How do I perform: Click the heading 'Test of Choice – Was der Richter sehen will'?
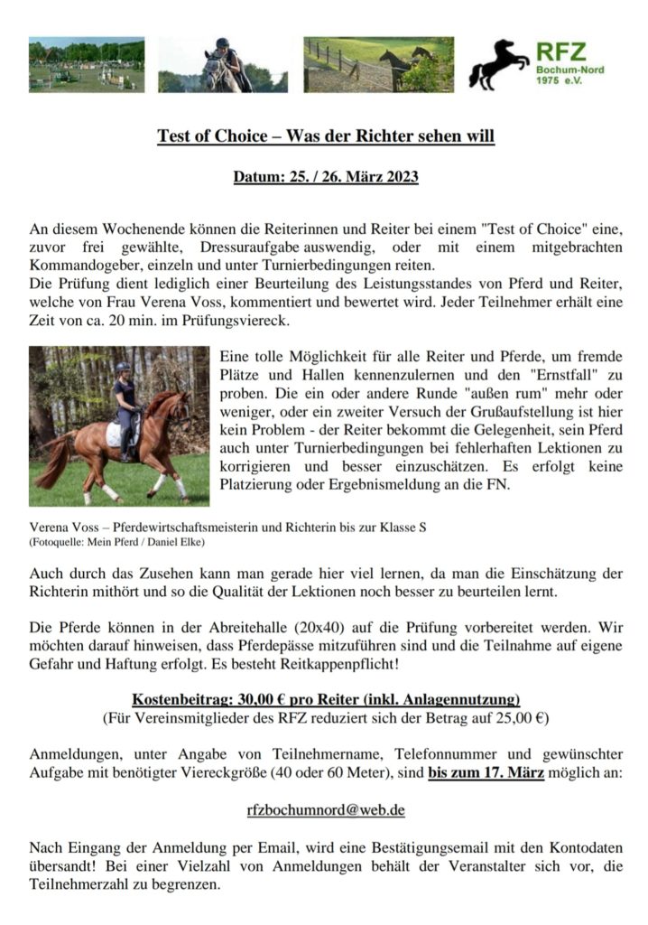[326, 137]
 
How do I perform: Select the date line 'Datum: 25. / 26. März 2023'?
[326, 176]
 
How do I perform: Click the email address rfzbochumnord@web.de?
[326, 809]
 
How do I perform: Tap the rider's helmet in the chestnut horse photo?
[123, 368]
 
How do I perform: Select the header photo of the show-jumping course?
[87, 64]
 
